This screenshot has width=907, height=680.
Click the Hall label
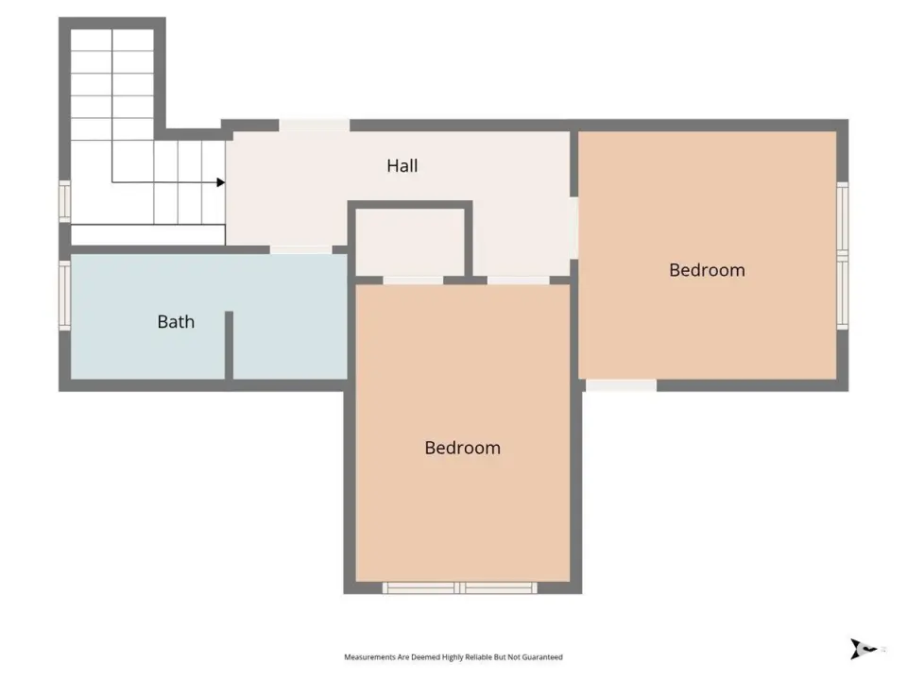pos(402,166)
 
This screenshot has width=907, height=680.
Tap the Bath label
pos(176,321)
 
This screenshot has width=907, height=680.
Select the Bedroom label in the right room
pos(707,270)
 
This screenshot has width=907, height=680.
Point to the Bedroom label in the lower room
pos(462,448)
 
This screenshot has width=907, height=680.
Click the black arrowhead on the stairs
pos(220,182)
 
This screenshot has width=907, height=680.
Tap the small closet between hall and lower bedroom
pos(409,242)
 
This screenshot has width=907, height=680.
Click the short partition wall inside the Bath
pos(229,346)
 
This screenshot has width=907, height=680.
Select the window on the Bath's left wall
pos(65,295)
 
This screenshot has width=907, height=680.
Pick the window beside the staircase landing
pos(65,200)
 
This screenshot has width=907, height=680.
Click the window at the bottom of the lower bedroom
pos(460,588)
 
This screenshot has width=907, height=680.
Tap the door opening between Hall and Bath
pos(300,249)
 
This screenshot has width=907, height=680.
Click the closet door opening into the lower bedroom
pos(413,280)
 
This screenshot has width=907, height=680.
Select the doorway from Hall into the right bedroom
pos(573,228)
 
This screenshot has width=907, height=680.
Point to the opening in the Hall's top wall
pos(314,126)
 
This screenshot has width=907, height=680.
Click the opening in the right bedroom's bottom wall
pos(622,385)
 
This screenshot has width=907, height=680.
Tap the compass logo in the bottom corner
pos(862,648)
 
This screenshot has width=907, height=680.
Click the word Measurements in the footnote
pos(370,657)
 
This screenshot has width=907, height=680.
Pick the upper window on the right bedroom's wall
pos(843,217)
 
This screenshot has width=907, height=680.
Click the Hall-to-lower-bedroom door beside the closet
pos(519,280)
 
